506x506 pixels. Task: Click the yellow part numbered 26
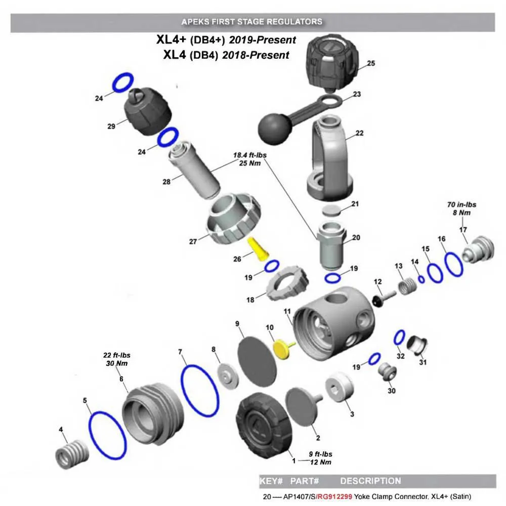coord(259,249)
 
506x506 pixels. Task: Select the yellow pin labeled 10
coord(281,349)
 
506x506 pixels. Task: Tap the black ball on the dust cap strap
coord(274,128)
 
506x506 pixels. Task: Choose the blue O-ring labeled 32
coord(400,336)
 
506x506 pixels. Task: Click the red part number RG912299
coord(334,496)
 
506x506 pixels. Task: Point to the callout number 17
coord(462,230)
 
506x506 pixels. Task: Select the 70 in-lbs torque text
coord(461,205)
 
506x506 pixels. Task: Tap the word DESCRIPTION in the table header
coord(370,481)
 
